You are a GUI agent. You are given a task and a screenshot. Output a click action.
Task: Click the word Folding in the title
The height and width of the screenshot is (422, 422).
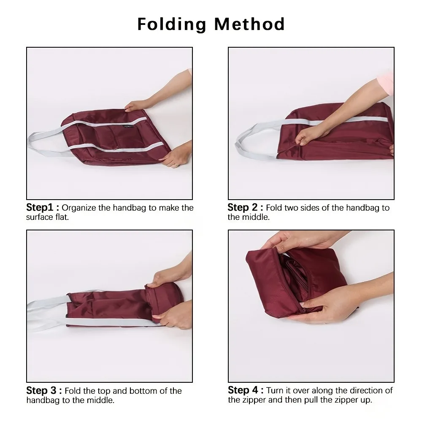[x=172, y=24]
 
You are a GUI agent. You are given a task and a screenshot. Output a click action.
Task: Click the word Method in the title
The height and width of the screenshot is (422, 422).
[x=249, y=24]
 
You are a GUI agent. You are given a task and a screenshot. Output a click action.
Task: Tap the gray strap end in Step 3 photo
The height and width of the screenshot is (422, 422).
[x=40, y=310]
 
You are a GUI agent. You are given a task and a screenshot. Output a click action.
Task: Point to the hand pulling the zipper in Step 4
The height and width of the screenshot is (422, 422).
[x=325, y=306]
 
